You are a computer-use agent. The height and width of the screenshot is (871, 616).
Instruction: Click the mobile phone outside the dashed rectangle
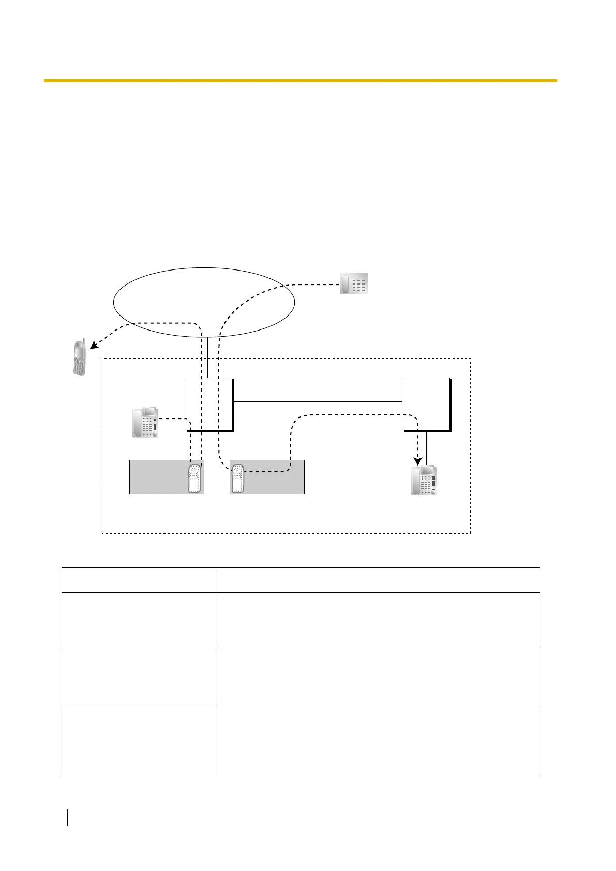click(x=79, y=357)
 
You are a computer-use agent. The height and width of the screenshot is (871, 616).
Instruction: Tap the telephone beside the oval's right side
click(x=354, y=283)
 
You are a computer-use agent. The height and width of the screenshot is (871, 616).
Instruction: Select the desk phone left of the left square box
click(x=145, y=422)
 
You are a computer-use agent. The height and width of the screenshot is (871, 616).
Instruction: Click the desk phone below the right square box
click(x=424, y=481)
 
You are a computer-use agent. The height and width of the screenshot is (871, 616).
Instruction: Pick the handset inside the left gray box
click(x=194, y=479)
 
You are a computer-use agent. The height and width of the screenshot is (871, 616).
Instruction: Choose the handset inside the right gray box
click(x=237, y=479)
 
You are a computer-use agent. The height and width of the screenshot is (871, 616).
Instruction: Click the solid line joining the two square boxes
click(x=318, y=401)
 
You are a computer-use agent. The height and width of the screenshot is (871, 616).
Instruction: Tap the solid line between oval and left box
click(x=208, y=357)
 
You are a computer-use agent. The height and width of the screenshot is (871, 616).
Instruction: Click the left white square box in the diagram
click(x=208, y=404)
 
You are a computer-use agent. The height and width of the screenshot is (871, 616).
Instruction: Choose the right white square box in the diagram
click(x=425, y=404)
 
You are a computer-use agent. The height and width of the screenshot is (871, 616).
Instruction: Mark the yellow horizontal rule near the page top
click(x=300, y=81)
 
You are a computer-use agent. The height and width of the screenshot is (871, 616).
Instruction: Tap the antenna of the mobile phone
click(x=83, y=341)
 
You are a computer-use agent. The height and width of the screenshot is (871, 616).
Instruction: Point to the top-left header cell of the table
click(x=139, y=580)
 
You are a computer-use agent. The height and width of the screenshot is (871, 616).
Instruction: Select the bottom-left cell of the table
click(x=139, y=739)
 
